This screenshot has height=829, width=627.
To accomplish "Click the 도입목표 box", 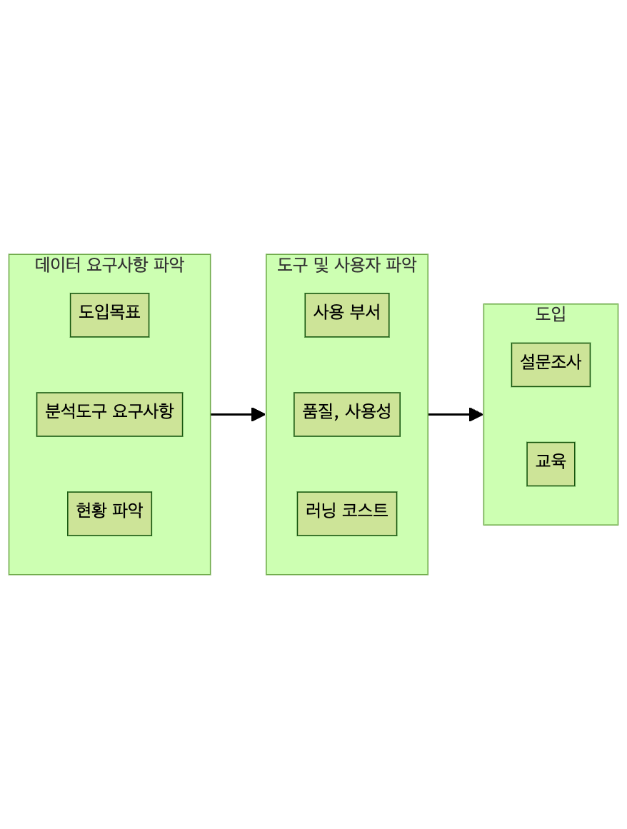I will [109, 315].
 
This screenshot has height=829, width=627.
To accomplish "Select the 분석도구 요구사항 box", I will [109, 414].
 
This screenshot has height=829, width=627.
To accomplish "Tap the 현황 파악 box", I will [109, 513].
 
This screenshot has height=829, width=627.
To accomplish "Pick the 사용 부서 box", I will [346, 315].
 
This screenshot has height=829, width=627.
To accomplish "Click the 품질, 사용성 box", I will [346, 414].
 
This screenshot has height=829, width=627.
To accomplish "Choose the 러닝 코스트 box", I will [346, 513].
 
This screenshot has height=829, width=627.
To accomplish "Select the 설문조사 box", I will [551, 365].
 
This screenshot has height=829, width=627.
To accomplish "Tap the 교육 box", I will [551, 464].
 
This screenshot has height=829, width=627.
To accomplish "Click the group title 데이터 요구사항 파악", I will [109, 266].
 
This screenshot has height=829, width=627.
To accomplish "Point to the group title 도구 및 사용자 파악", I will [346, 266].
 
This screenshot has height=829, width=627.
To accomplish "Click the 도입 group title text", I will [551, 314].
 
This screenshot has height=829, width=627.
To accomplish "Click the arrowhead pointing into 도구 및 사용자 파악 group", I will [259, 414].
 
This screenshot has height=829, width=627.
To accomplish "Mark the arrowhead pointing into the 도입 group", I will [476, 414].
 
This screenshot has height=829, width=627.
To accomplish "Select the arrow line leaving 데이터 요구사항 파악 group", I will [231, 414].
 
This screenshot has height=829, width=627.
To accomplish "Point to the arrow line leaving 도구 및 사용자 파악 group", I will [448, 414].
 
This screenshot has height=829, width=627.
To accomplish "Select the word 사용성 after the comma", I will [368, 411].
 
